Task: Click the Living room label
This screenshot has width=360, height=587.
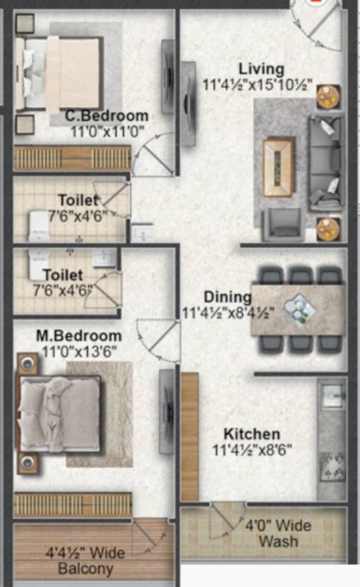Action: pyautogui.click(x=260, y=70)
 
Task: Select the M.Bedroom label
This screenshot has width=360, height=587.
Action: pyautogui.click(x=78, y=336)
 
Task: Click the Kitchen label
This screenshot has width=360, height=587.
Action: pyautogui.click(x=251, y=434)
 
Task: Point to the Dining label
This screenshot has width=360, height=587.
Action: pyautogui.click(x=227, y=297)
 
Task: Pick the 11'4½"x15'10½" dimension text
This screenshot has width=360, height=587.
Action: pyautogui.click(x=258, y=85)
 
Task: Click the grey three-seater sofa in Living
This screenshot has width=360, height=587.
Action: pyautogui.click(x=326, y=163)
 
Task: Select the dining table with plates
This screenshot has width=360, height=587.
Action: pyautogui.click(x=298, y=309)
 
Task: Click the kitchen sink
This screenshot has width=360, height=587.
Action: pyautogui.click(x=332, y=396)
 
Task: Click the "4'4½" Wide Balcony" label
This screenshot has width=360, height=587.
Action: pyautogui.click(x=85, y=560)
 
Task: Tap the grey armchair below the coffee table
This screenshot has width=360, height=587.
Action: pyautogui.click(x=281, y=222)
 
